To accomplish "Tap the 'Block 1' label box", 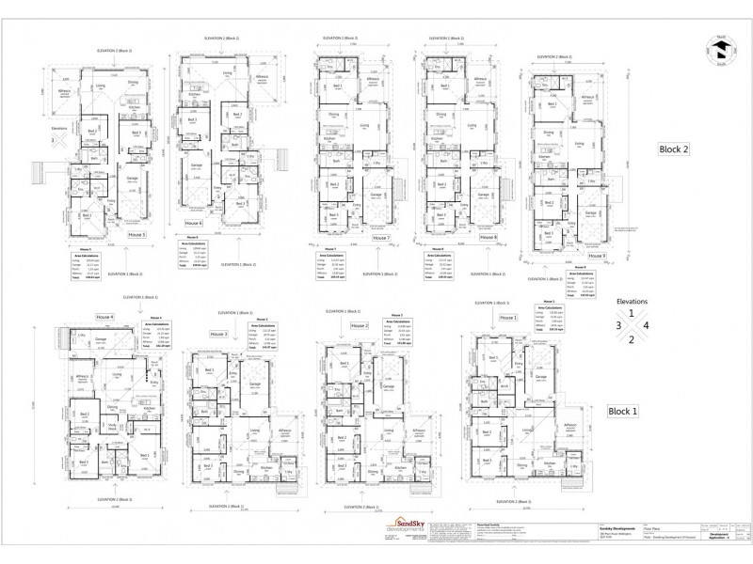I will (623, 411).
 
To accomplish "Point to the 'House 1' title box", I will (509, 319).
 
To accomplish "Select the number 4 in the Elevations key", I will (645, 325).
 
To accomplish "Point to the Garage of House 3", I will (253, 384).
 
